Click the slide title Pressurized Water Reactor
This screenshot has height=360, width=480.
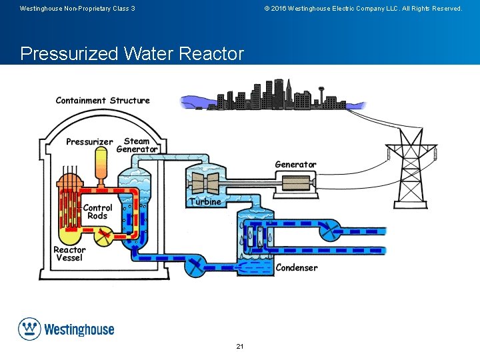132,53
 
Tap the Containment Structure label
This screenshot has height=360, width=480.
103,101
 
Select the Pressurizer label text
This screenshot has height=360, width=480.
89,142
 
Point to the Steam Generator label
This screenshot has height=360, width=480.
137,145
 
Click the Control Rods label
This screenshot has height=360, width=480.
97,212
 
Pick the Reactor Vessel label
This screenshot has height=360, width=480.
69,254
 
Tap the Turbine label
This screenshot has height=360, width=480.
205,201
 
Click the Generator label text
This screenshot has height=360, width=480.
295,165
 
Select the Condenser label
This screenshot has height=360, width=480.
297,268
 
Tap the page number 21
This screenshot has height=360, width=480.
240,347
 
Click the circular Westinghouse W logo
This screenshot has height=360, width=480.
29,329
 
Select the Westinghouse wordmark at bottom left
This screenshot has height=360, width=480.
79,329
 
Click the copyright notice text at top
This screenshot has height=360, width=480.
363,9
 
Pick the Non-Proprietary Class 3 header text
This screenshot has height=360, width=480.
77,9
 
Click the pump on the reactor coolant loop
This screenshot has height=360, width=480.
102,235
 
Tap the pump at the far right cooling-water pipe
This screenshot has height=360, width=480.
329,231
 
